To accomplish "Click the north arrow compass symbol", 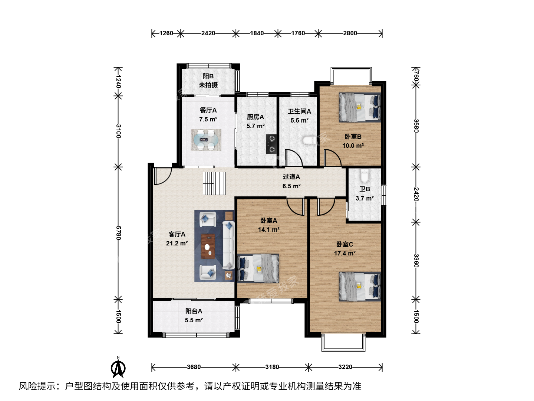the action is [118, 368].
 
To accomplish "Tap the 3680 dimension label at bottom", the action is [194, 367].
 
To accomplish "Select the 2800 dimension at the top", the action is [350, 33].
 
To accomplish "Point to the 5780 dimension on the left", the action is [118, 233].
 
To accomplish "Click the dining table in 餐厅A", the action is [206, 140].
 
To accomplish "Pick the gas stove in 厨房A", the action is [271, 144].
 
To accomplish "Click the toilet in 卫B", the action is [364, 176].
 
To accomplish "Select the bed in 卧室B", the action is [360, 107].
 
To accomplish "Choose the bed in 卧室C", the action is [360, 287].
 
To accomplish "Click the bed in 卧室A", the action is [258, 268].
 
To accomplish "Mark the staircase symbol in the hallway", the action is [214, 183].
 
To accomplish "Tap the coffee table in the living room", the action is [208, 246].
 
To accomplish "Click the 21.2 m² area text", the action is [177, 243].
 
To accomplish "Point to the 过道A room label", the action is [291, 177].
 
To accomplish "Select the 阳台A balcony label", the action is [194, 311].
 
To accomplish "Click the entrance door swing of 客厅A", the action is [163, 176].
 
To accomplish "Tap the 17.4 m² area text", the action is [345, 254].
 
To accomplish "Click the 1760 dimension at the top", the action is [298, 33].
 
